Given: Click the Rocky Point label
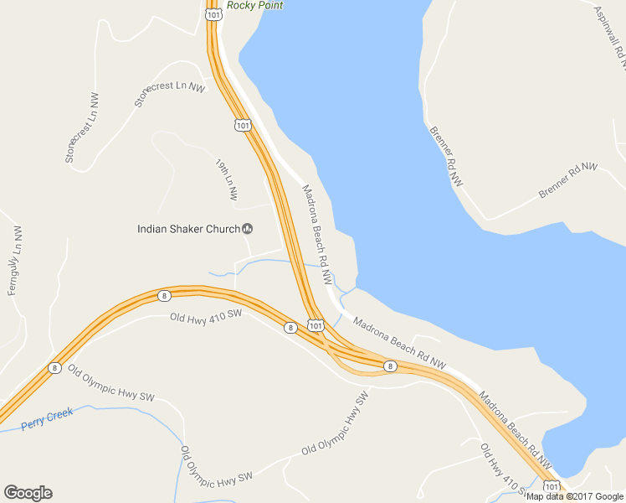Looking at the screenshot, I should (x=254, y=5).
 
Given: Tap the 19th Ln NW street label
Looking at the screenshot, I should (x=226, y=179).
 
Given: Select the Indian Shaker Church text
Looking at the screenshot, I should (x=189, y=228).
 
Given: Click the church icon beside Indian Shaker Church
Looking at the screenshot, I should (x=248, y=228).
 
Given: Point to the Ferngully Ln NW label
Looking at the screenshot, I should (x=14, y=260).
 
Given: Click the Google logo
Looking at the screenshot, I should (x=28, y=493).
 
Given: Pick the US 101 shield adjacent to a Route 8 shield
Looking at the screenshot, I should (x=315, y=324).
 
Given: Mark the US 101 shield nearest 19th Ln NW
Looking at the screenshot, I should (x=242, y=125).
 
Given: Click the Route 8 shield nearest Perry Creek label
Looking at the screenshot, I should (x=54, y=367).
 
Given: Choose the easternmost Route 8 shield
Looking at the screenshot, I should (x=390, y=366).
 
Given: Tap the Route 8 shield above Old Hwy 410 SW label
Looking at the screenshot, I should (x=164, y=295).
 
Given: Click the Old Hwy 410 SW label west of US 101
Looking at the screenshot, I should (x=205, y=316).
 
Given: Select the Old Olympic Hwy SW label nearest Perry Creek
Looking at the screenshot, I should (x=111, y=383).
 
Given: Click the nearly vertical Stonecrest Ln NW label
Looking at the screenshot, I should (x=83, y=127).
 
